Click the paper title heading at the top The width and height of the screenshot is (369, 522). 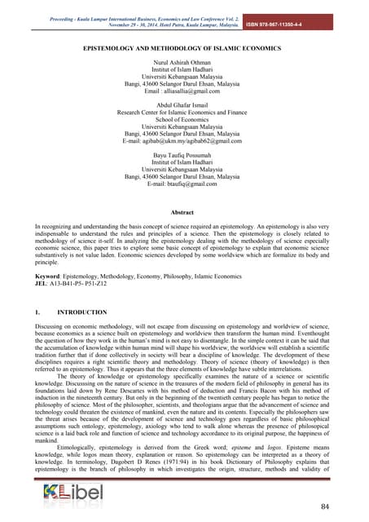click(184, 50)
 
